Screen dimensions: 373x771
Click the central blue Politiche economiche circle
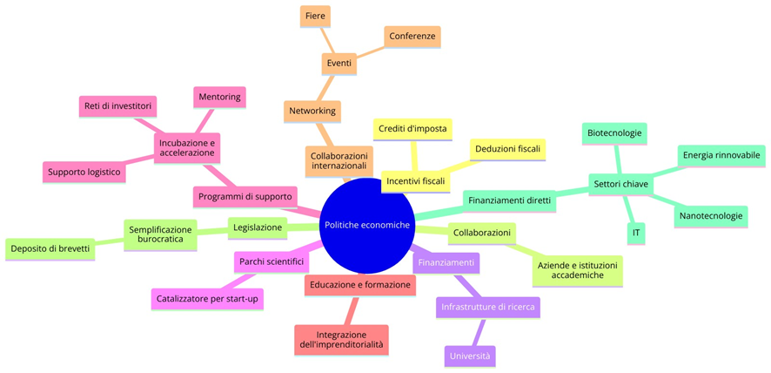(366, 225)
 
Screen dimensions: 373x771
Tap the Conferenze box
(412, 36)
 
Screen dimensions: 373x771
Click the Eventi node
(339, 64)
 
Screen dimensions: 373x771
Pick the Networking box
(312, 111)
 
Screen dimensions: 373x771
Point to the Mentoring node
(220, 96)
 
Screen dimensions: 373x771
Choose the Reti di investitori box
(118, 106)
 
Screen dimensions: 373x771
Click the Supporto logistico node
(84, 172)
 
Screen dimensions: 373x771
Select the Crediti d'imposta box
(412, 129)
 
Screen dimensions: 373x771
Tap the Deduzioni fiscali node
(508, 149)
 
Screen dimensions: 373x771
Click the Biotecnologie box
(614, 133)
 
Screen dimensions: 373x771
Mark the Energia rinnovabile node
(721, 155)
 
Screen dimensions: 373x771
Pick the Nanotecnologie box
(710, 215)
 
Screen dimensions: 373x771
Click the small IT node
(637, 233)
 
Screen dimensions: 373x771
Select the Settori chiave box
(620, 184)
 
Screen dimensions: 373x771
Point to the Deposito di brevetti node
(50, 248)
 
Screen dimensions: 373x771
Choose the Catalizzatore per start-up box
(208, 299)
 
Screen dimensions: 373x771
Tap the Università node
(470, 356)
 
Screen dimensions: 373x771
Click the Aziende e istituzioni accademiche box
(578, 269)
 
